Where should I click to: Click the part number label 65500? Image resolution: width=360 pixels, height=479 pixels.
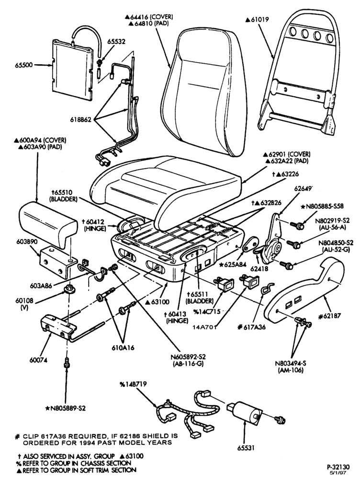point(23,65)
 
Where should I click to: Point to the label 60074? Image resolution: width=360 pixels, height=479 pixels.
point(38,360)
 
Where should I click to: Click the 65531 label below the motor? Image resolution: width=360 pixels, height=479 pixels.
point(246,448)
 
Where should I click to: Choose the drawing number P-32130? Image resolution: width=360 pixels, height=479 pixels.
point(337,467)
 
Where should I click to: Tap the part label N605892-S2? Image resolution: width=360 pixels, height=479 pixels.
point(188,357)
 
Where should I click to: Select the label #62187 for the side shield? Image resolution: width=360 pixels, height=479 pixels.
point(329,316)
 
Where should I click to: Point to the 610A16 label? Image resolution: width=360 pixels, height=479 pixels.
point(123,347)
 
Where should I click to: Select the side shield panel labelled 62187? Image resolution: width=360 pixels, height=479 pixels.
point(304,290)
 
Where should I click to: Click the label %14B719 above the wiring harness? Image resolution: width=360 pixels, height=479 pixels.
point(133,384)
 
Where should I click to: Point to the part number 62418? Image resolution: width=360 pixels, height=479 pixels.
point(259,269)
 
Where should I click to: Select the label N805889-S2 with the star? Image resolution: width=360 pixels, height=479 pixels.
point(65,408)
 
